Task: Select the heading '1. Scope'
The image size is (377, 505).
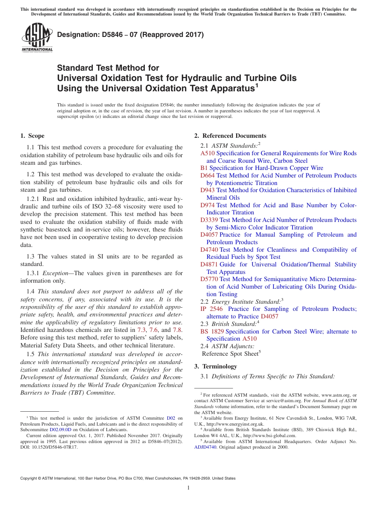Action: tap(32, 136)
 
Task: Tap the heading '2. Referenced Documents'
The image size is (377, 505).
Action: tap(230, 136)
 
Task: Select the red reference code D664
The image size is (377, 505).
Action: tap(208, 175)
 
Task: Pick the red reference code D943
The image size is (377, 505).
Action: tap(208, 190)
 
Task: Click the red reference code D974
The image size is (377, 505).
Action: tap(208, 205)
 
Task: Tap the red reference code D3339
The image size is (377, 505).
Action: tap(209, 220)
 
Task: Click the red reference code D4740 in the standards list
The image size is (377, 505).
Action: tap(209, 250)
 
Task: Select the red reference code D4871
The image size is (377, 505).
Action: tap(209, 264)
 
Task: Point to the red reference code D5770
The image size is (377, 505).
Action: tap(209, 279)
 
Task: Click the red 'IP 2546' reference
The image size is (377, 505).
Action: tap(212, 309)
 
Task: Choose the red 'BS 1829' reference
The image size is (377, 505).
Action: tap(212, 332)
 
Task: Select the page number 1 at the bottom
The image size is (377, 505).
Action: tap(188, 488)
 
